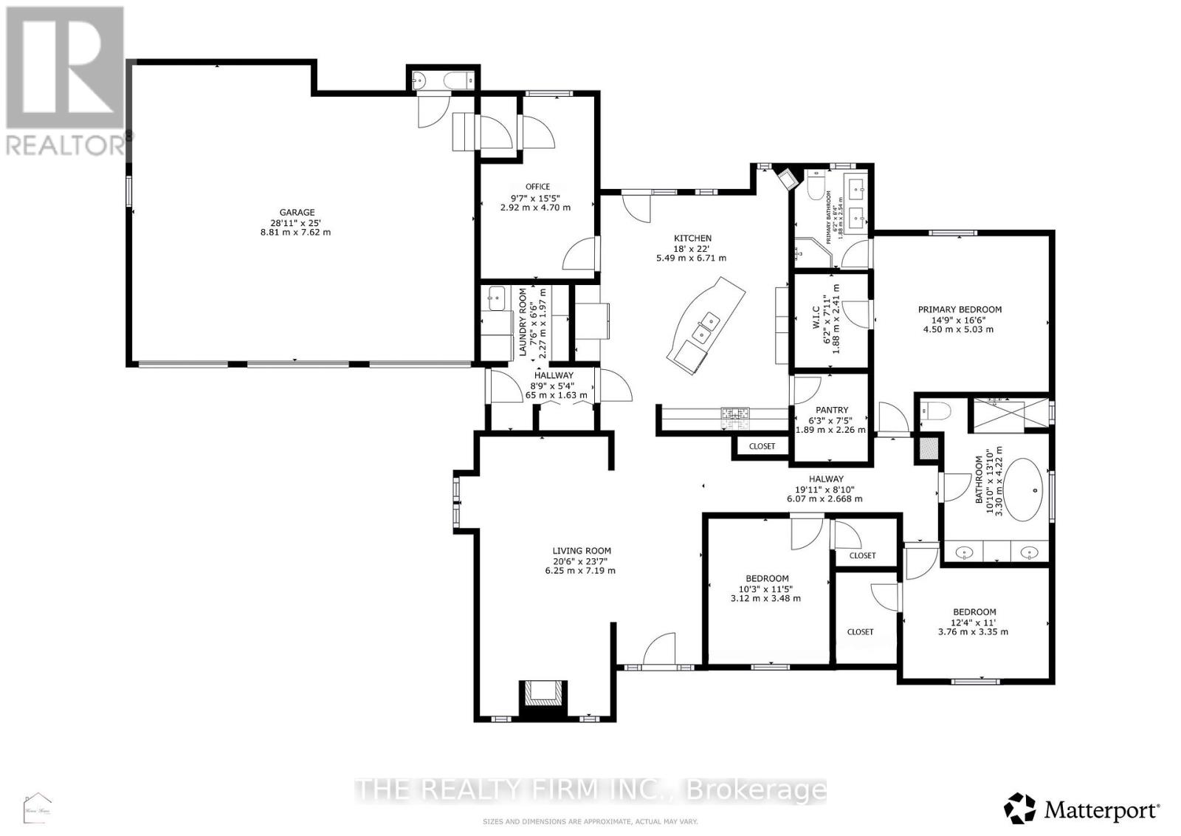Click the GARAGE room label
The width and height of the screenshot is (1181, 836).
(297, 213)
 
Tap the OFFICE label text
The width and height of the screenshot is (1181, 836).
(537, 187)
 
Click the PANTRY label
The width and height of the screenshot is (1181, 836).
(832, 410)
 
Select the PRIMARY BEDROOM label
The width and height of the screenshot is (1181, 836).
(960, 309)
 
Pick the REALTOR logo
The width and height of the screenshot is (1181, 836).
(65, 81)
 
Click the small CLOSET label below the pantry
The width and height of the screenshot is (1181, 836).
(762, 446)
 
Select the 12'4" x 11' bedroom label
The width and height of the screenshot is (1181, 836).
(974, 621)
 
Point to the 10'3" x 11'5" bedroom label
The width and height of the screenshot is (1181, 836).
(765, 589)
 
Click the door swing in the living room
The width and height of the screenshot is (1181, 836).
(660, 650)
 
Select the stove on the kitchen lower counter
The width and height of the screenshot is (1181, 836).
(735, 418)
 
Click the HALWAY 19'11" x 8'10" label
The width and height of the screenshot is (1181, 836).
(824, 489)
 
